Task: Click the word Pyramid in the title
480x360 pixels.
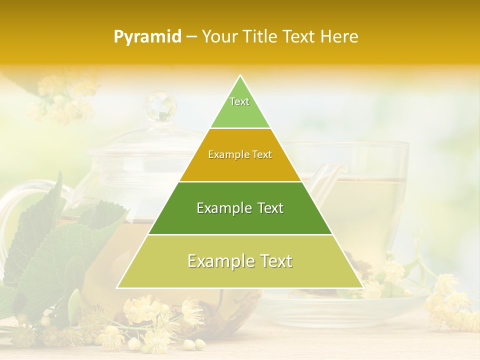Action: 147,37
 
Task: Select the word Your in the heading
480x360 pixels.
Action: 219,37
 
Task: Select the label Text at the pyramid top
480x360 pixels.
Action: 239,101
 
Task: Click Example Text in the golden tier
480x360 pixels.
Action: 240,155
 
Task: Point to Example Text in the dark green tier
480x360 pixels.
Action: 240,208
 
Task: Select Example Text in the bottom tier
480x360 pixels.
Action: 240,261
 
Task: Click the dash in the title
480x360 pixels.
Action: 191,37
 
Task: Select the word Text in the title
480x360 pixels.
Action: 298,37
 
